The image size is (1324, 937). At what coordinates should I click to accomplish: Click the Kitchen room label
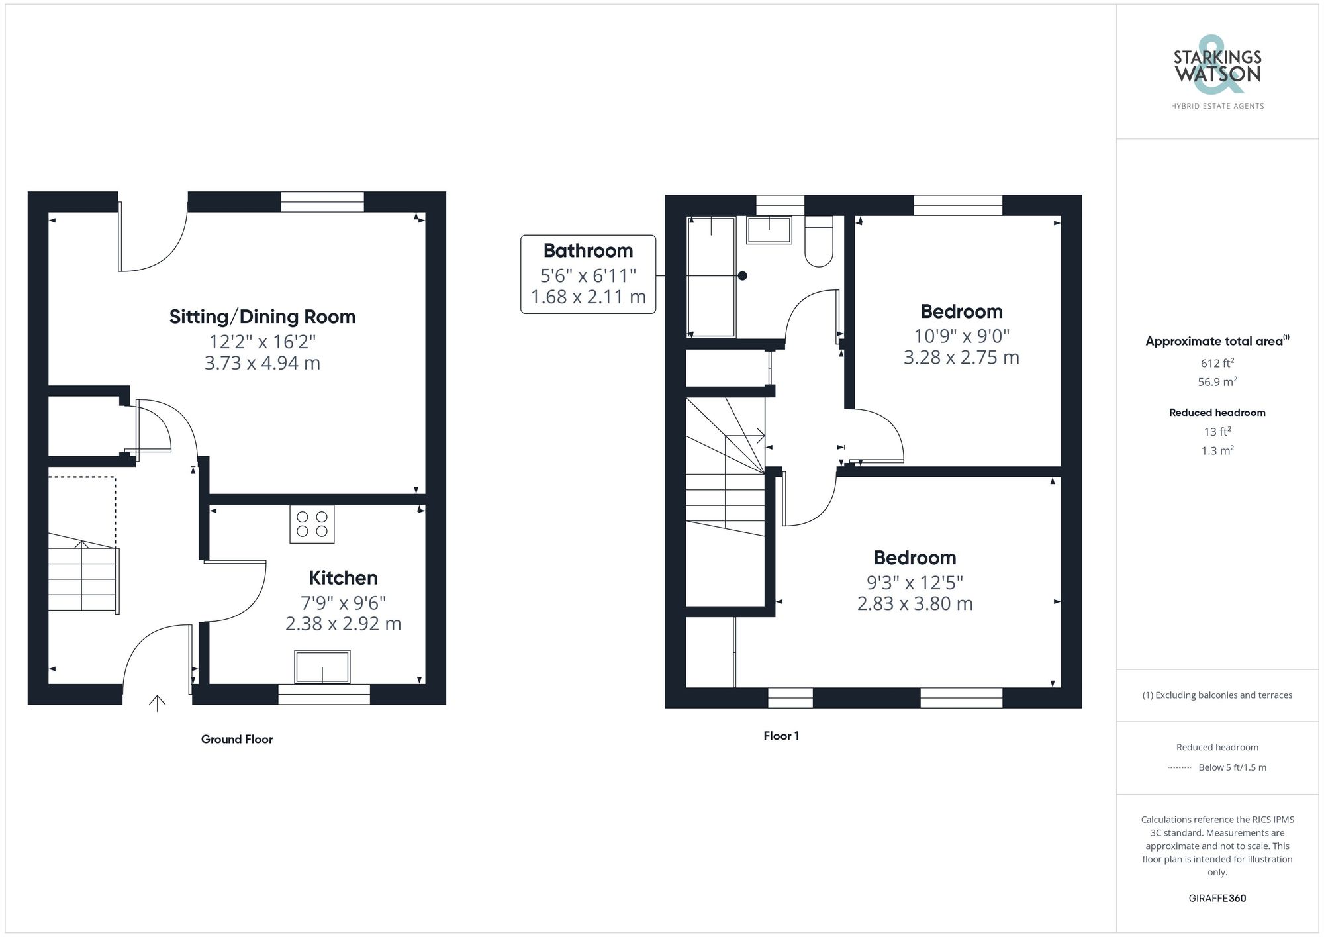(343, 578)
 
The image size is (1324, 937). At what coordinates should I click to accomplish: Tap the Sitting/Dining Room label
(262, 317)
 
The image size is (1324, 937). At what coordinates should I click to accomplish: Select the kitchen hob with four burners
(312, 524)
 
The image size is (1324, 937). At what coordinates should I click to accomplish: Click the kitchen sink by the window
(322, 667)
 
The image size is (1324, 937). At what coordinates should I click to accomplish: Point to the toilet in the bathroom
(819, 242)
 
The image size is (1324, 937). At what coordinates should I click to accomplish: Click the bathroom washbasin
(769, 230)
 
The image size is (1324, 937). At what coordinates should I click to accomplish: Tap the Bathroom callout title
(588, 251)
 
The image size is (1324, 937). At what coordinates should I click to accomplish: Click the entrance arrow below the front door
(157, 703)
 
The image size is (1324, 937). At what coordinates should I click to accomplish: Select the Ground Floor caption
(237, 739)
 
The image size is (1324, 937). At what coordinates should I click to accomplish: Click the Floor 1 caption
(781, 736)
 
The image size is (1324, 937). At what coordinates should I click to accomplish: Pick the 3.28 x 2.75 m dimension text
(961, 358)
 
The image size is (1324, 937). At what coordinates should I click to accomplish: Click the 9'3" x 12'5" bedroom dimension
(915, 583)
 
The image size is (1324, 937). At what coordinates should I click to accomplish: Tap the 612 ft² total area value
(1217, 363)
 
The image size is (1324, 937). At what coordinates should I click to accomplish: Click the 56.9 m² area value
(1217, 382)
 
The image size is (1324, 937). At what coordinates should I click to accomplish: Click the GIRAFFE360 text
(1217, 898)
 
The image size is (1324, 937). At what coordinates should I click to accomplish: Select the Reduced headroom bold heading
(1217, 413)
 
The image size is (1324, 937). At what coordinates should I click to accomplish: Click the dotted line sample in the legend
(1180, 768)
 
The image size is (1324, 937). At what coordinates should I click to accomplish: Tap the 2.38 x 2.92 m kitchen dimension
(343, 624)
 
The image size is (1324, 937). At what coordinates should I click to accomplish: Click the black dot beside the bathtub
(743, 276)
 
